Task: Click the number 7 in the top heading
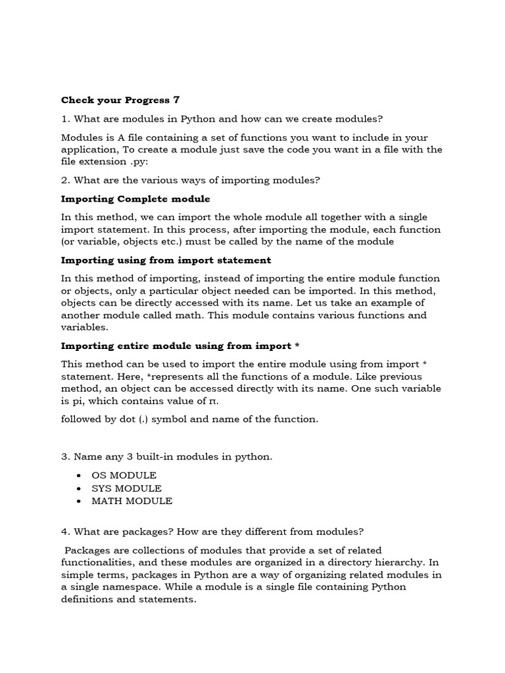click(x=176, y=100)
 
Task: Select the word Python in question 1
click(x=197, y=119)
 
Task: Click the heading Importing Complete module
click(x=135, y=198)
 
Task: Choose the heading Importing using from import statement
click(x=166, y=260)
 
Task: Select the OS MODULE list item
click(x=124, y=475)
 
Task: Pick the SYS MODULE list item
click(x=126, y=488)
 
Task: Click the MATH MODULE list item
click(x=132, y=501)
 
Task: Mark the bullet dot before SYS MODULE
click(x=79, y=488)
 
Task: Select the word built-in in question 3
click(x=158, y=457)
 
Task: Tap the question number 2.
click(x=64, y=180)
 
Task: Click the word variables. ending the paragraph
click(x=85, y=327)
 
